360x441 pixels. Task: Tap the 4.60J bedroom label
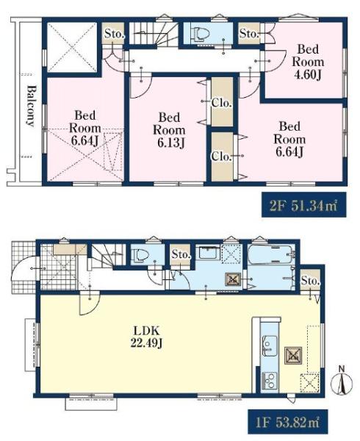click(308, 62)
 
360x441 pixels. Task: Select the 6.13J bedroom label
click(169, 130)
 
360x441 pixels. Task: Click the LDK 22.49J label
click(146, 337)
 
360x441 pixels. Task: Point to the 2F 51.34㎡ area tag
click(303, 205)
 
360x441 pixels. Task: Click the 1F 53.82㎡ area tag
click(288, 422)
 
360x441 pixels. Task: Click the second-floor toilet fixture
click(200, 34)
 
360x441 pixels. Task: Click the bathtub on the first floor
click(271, 254)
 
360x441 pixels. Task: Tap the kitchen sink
click(270, 346)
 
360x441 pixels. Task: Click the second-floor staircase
click(154, 34)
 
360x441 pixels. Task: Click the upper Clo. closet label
click(221, 103)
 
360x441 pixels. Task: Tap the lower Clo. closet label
click(221, 156)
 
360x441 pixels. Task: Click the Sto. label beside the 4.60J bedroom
click(249, 34)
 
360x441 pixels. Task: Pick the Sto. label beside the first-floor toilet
click(181, 254)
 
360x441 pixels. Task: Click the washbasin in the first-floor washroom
click(208, 252)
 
